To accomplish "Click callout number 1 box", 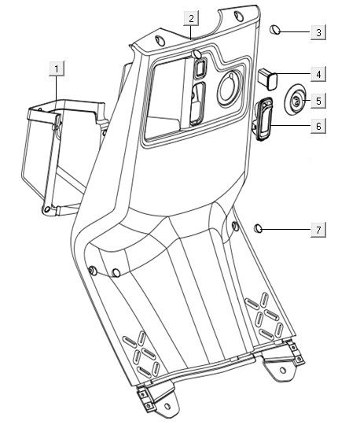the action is click(57, 68).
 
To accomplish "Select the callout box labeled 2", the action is click(191, 18).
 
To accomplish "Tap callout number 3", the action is click(318, 32).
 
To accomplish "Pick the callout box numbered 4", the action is click(318, 74).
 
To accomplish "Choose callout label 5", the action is click(318, 101).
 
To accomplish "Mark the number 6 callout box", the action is click(318, 126).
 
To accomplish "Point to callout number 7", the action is click(318, 229).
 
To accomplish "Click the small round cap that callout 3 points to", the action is click(275, 30).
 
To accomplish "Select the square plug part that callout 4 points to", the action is click(268, 79).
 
